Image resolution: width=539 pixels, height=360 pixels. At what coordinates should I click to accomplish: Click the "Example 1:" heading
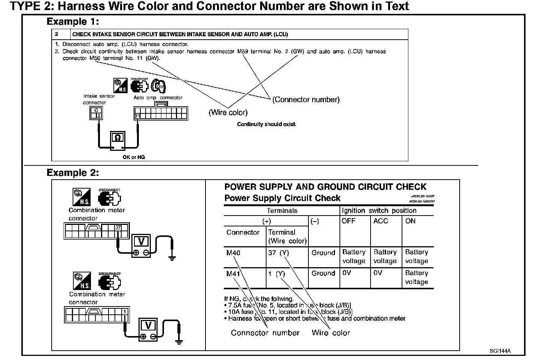[x=73, y=22]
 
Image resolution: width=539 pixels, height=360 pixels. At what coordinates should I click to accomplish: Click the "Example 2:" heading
[x=73, y=173]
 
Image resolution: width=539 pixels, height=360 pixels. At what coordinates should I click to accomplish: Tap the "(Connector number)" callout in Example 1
[x=306, y=100]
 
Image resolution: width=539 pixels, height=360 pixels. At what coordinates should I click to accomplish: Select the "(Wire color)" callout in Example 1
[x=228, y=112]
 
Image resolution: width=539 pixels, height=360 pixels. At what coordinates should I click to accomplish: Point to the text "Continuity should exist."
[x=267, y=124]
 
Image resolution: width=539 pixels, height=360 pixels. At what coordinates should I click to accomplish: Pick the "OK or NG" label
[x=134, y=157]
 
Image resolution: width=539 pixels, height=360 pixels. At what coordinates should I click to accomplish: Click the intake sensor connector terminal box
[x=96, y=113]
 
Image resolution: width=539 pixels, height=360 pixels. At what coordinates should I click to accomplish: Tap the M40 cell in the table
[x=233, y=253]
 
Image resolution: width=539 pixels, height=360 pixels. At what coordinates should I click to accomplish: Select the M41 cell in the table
[x=233, y=274]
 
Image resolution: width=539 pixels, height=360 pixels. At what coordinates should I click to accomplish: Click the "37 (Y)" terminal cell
[x=278, y=253]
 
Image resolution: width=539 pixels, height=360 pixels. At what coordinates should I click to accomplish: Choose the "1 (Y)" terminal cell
[x=276, y=274]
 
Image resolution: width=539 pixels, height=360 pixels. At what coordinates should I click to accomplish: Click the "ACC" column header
[x=381, y=221]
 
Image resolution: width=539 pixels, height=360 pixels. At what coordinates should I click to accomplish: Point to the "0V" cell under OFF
[x=347, y=273]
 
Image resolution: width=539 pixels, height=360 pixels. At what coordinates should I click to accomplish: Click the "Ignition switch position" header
[x=379, y=210]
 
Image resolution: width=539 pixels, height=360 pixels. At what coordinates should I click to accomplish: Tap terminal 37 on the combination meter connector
[x=118, y=228]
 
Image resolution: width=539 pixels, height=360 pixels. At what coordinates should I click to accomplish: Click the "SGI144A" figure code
[x=500, y=351]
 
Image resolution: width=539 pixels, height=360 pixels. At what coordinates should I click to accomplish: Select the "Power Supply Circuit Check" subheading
[x=282, y=198]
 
